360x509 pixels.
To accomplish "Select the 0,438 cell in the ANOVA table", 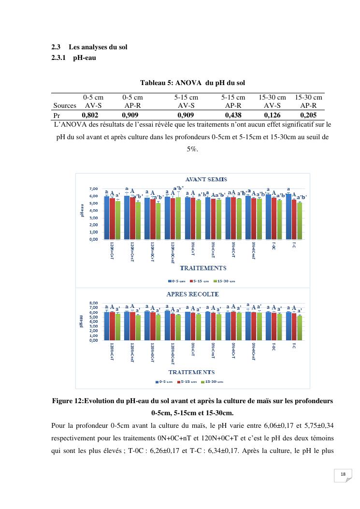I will click(235, 116).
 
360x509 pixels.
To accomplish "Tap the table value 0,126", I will click(272, 116).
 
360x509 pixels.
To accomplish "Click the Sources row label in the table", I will click(65, 105).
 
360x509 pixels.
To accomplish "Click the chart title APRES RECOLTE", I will click(192, 294).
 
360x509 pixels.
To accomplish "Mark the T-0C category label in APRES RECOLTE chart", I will click(274, 348).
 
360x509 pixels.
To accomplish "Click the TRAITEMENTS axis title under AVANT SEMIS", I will click(202, 268).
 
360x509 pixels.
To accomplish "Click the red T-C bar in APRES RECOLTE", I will click(294, 327).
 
